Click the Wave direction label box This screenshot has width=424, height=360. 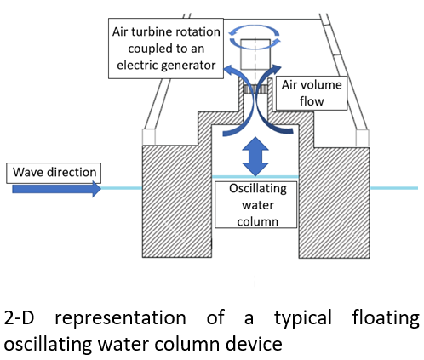(x=54, y=173)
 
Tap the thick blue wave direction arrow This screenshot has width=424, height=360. (x=56, y=189)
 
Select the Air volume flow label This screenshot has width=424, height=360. (x=312, y=93)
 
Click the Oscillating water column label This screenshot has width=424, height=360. (x=255, y=204)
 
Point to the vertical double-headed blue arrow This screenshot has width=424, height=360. (x=255, y=157)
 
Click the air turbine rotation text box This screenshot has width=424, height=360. (x=166, y=49)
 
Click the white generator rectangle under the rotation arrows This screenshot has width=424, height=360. (x=255, y=54)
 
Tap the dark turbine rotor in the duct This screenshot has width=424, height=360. (x=255, y=89)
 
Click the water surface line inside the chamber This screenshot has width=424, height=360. (x=255, y=177)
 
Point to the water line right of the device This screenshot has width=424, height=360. (x=394, y=188)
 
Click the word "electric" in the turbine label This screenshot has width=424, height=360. (x=136, y=66)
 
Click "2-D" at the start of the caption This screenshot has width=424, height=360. (x=19, y=317)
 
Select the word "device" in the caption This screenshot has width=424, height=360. (x=254, y=344)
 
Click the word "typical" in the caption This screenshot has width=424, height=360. (x=303, y=318)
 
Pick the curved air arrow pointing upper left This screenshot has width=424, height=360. (x=237, y=100)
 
